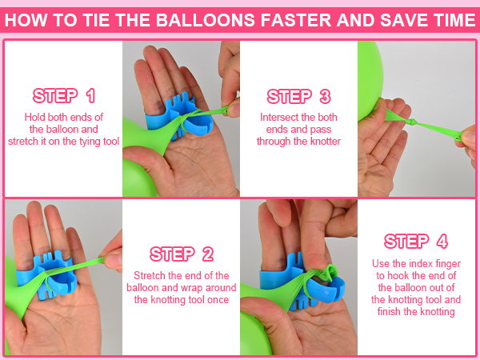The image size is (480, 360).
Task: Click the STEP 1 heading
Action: click(x=63, y=97)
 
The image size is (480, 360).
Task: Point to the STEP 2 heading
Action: click(x=182, y=254)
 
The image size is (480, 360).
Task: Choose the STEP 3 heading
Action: click(x=298, y=97)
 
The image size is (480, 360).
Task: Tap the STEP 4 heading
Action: click(x=416, y=241)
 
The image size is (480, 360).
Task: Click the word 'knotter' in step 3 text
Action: click(x=323, y=141)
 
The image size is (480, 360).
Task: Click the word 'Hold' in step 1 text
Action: click(x=36, y=117)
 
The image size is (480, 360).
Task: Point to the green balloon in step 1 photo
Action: click(x=140, y=172)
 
